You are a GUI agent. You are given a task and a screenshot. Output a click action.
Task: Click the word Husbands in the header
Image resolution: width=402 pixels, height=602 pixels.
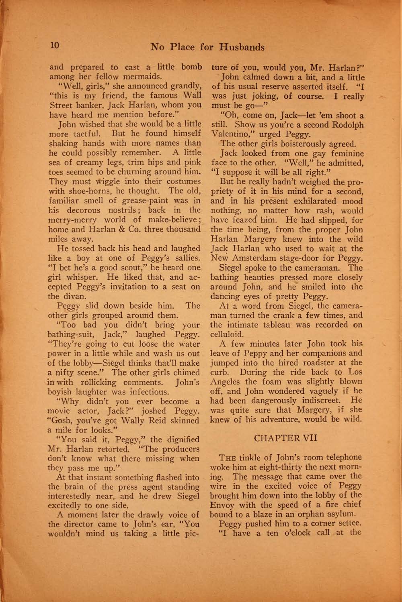click(x=241, y=47)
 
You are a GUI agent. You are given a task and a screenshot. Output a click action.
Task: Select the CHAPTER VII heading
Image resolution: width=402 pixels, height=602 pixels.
click(x=286, y=437)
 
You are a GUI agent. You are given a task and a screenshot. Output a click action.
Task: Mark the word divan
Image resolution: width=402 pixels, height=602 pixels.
click(x=74, y=297)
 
